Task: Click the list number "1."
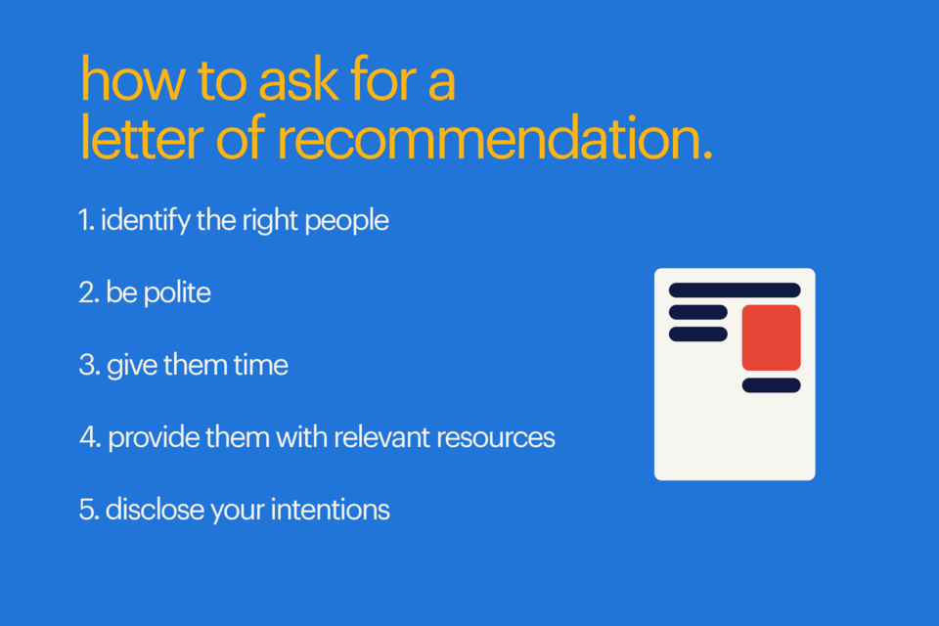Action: [87, 220]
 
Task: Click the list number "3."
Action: [88, 366]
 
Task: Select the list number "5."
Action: [88, 510]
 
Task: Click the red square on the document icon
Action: [771, 337]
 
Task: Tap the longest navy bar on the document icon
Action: [735, 291]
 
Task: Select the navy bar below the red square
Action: [771, 385]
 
